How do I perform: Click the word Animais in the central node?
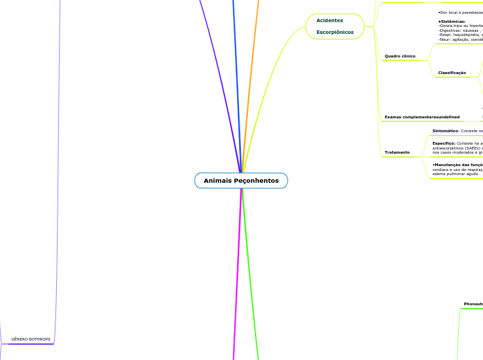[x=218, y=181]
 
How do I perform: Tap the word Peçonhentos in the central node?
[x=256, y=181]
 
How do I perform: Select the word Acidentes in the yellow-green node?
[x=329, y=20]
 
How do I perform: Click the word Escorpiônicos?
[x=335, y=33]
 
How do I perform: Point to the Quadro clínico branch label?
[x=400, y=55]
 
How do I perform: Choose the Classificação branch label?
[x=452, y=73]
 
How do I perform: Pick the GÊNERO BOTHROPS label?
[x=30, y=340]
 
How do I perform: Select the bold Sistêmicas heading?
[x=452, y=21]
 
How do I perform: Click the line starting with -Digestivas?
[x=459, y=31]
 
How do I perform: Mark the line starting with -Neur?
[x=459, y=40]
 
